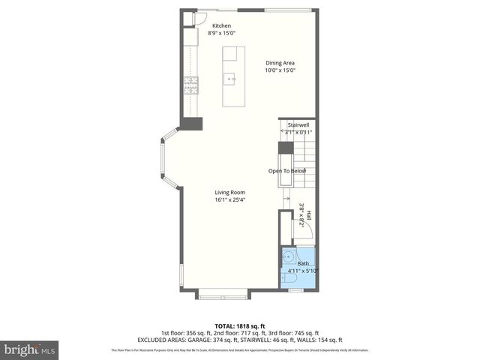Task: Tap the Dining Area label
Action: click(x=280, y=63)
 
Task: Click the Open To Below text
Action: click(x=287, y=171)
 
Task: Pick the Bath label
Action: click(x=303, y=263)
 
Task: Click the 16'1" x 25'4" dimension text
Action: click(x=230, y=199)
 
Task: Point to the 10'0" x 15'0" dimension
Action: click(x=280, y=70)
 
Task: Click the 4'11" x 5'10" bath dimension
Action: click(x=303, y=271)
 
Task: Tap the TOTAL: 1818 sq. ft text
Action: click(x=239, y=326)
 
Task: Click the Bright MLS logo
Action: click(x=29, y=349)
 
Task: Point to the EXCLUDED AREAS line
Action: click(x=239, y=340)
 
